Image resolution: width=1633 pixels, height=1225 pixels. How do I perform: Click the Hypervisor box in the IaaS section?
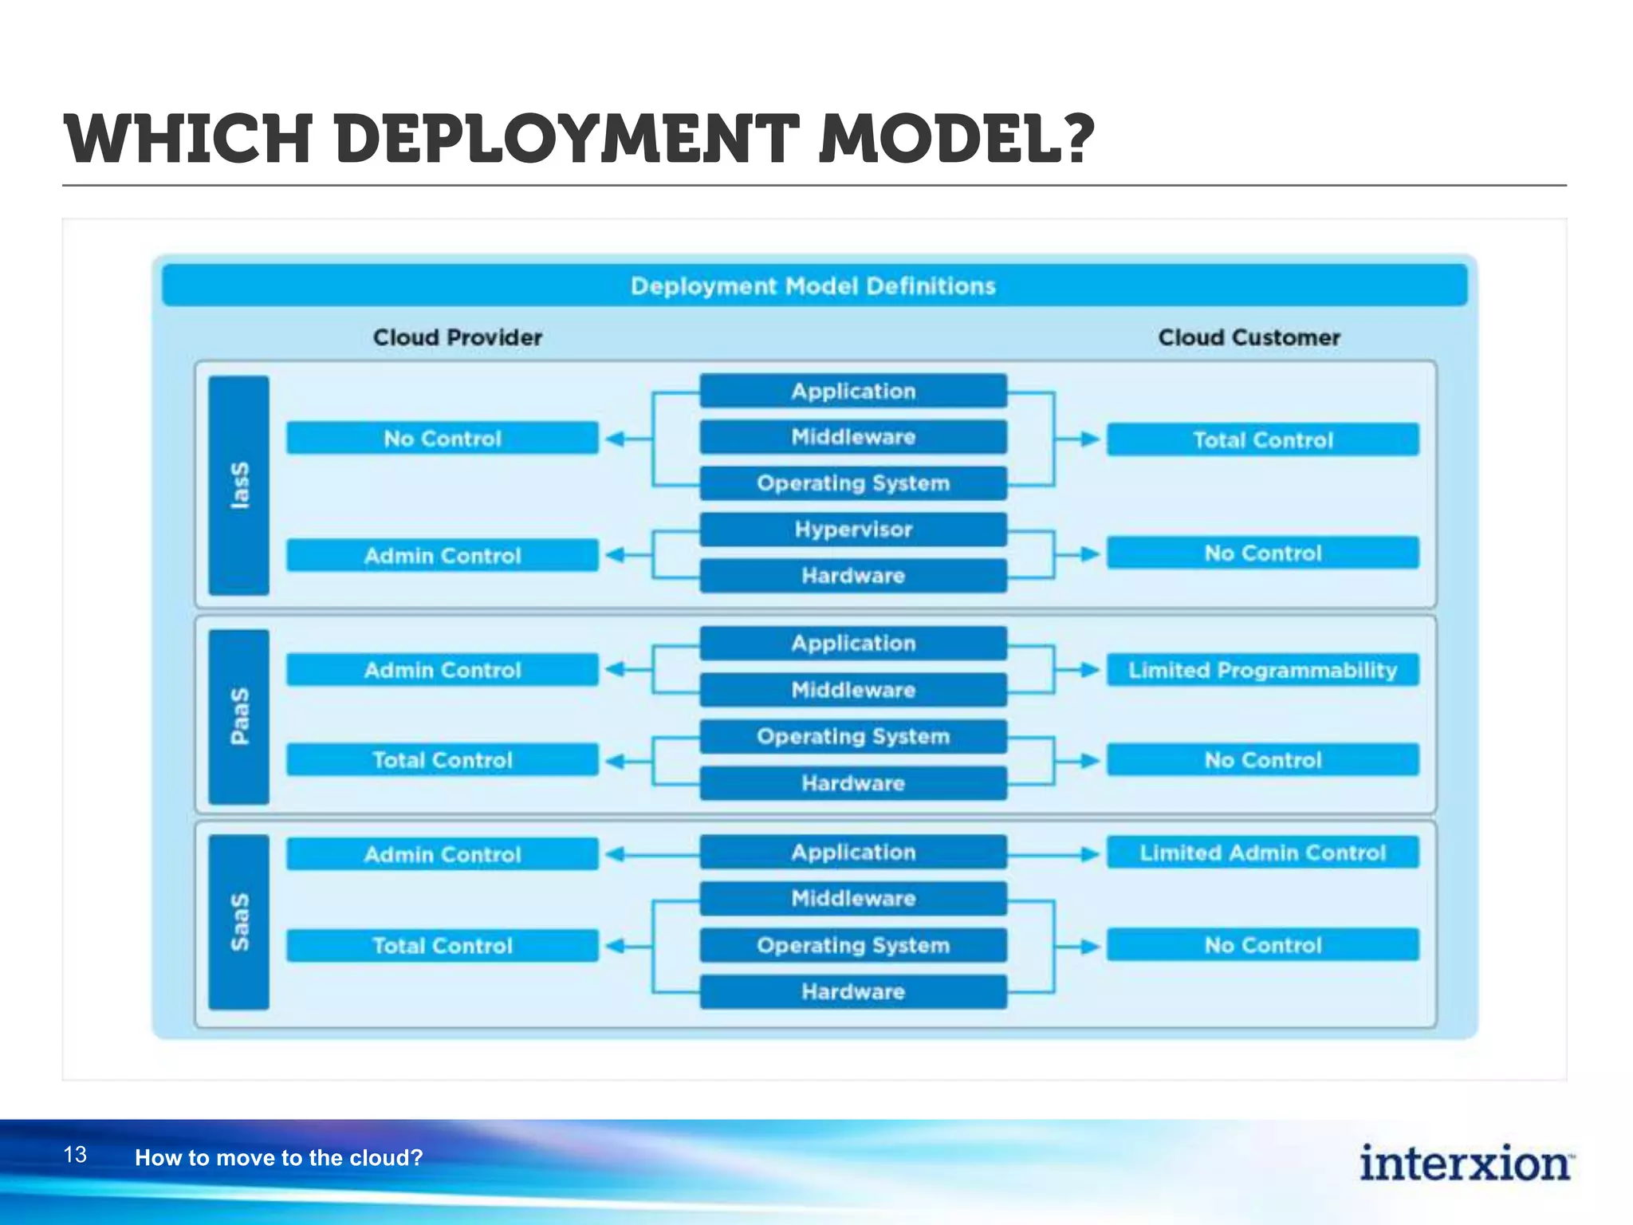click(853, 530)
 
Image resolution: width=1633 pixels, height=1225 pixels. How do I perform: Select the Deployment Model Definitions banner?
click(813, 286)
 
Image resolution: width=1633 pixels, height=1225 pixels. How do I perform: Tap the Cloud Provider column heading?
click(458, 337)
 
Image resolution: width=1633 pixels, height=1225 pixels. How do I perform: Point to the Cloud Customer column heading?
click(1249, 337)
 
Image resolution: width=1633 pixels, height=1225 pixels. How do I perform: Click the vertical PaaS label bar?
click(238, 716)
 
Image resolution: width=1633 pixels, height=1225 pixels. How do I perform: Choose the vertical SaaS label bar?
click(238, 922)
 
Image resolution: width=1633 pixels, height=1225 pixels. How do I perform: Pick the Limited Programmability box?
click(1262, 670)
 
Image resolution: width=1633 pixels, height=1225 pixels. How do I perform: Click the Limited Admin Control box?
click(1262, 853)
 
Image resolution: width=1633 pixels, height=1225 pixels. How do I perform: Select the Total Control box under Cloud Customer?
click(1262, 439)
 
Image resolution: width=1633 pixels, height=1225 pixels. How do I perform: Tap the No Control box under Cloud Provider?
click(443, 438)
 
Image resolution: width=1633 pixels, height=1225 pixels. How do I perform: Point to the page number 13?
click(75, 1155)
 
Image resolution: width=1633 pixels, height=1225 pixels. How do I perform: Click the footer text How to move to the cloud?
click(278, 1157)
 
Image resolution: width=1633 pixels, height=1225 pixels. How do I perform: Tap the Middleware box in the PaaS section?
click(853, 690)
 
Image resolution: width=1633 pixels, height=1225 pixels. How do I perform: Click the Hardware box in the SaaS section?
click(853, 991)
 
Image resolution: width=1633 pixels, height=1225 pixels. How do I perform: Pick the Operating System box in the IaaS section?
click(853, 483)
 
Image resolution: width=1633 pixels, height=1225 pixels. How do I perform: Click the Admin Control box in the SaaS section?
click(443, 854)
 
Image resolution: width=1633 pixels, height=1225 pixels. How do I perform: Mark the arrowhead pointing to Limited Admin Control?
click(1090, 854)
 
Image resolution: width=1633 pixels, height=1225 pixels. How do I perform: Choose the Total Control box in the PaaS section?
click(443, 760)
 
